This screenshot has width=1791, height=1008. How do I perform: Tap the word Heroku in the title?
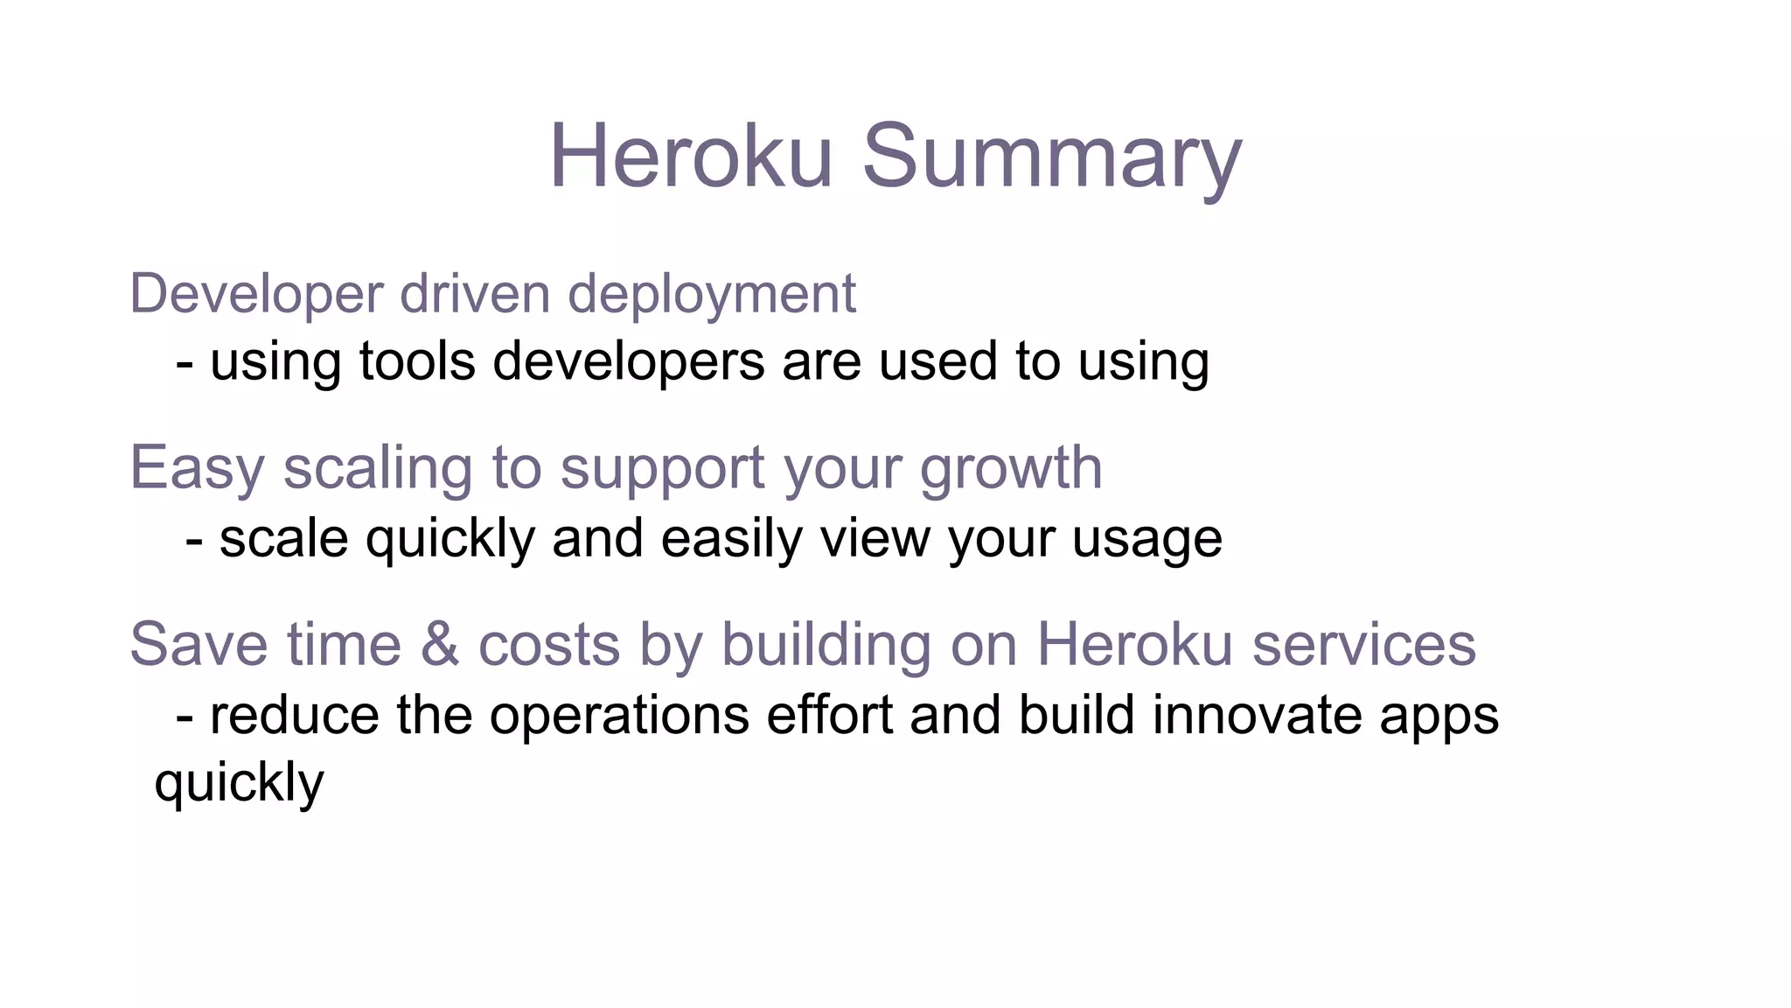tap(691, 157)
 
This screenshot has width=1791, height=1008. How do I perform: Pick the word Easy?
tap(197, 469)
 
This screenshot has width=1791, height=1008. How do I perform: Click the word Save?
tap(199, 645)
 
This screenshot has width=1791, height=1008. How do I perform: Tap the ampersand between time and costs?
tap(440, 645)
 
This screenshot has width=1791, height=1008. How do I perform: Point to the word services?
tap(1363, 645)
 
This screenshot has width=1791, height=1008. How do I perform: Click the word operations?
tap(619, 716)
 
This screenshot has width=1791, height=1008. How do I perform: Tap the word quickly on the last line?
tap(239, 783)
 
